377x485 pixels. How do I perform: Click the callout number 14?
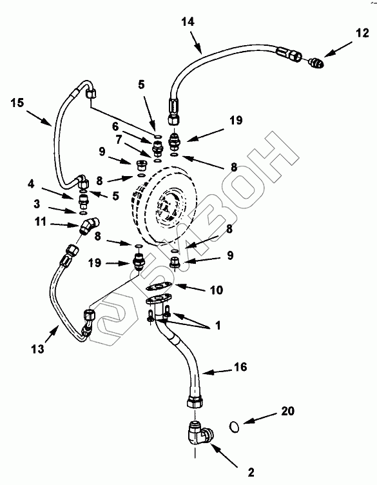point(188,22)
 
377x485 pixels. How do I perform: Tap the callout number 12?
point(362,33)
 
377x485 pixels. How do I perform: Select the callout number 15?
point(17,103)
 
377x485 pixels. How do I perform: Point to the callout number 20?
point(287,411)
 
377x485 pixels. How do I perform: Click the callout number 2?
point(251,472)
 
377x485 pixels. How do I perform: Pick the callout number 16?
point(241,367)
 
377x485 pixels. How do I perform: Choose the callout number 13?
point(37,349)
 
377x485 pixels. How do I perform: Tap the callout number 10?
point(217,290)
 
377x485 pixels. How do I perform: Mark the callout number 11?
point(41,221)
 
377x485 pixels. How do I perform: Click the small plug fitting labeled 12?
point(316,63)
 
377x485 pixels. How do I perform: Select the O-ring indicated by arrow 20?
point(235,427)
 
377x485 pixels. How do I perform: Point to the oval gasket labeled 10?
point(159,287)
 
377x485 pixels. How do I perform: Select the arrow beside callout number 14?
point(196,44)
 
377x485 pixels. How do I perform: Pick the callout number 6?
point(115,126)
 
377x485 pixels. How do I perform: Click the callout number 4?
point(31,184)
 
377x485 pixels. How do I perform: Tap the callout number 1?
point(218,326)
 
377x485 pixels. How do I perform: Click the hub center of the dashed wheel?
point(167,206)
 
